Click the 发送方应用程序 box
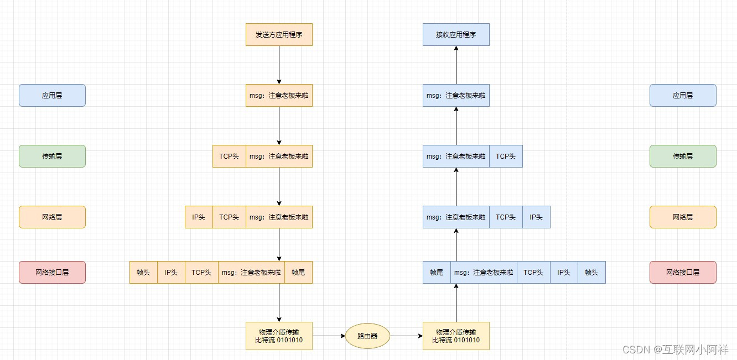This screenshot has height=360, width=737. tap(279, 34)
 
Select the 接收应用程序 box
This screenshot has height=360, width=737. tap(456, 34)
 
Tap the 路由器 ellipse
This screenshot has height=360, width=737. tap(367, 336)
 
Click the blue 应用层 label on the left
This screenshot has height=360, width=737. tap(52, 95)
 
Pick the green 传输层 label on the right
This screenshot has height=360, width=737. tap(683, 156)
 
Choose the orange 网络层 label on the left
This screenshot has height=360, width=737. tap(52, 217)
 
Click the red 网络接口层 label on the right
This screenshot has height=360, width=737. tap(683, 272)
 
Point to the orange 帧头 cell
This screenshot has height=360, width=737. tap(143, 272)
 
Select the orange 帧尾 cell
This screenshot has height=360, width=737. tap(298, 272)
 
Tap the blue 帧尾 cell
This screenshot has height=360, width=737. tap(437, 272)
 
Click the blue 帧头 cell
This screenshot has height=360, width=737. tap(591, 272)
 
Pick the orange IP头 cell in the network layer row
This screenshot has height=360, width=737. tap(199, 217)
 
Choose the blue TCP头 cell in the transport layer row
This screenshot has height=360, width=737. tap(506, 156)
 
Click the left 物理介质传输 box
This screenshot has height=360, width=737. tap(279, 336)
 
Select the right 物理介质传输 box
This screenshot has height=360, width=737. tap(456, 336)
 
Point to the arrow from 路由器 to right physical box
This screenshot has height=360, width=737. tap(406, 336)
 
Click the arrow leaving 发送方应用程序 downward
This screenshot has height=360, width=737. tap(279, 65)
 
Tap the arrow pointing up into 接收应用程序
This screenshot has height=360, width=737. tap(456, 65)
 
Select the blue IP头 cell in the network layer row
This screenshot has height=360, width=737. tap(536, 217)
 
